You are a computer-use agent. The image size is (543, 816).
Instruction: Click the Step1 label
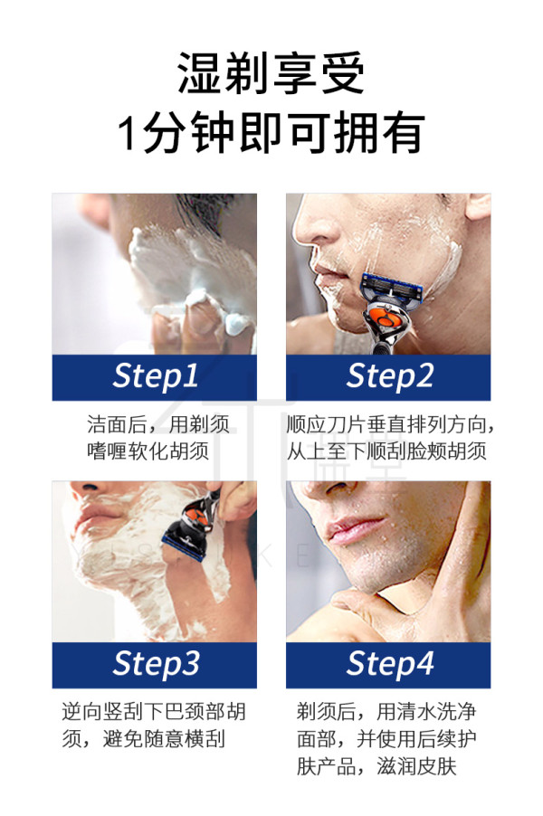tap(155, 376)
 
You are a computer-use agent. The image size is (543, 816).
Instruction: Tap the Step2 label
tap(389, 376)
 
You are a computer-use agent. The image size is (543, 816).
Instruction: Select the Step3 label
tap(156, 664)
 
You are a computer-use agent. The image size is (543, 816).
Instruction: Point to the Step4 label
tap(390, 664)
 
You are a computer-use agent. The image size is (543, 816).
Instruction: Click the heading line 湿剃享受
tap(271, 73)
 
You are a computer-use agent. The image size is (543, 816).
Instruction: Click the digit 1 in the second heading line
tap(127, 133)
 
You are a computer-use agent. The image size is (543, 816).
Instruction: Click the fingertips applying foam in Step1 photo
tap(208, 318)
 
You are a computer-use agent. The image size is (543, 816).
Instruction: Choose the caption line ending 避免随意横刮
tap(143, 738)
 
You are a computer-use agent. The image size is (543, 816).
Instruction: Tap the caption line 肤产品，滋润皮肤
tap(376, 766)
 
